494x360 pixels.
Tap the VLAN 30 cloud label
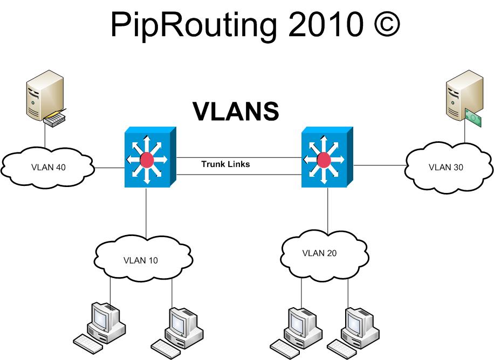[x=445, y=167]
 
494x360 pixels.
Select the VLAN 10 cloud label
[x=141, y=260]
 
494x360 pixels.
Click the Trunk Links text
[x=225, y=164]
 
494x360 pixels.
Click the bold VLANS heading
[x=236, y=111]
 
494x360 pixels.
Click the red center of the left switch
[x=146, y=160]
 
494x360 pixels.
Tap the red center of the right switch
[x=324, y=160]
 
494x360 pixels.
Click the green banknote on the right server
[x=473, y=117]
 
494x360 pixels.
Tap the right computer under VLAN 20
[x=356, y=326]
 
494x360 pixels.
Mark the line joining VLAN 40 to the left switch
[x=109, y=168]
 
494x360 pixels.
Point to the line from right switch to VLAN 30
[x=379, y=165]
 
